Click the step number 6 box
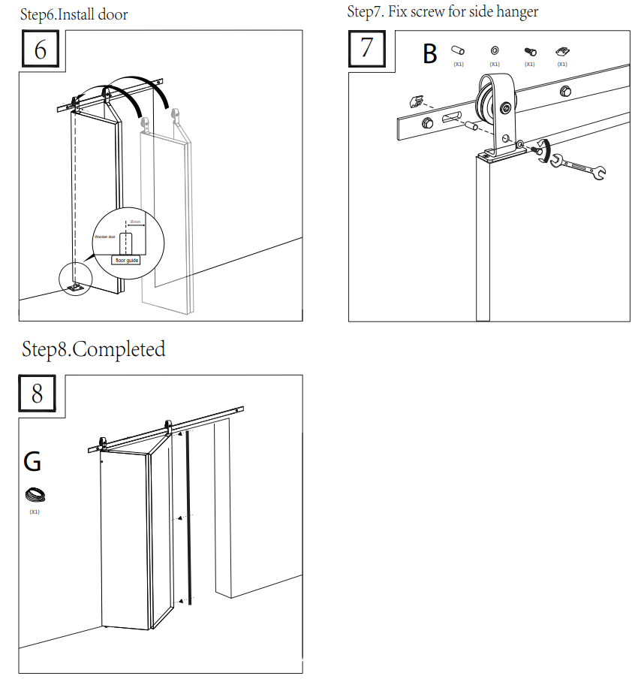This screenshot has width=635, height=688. tap(41, 50)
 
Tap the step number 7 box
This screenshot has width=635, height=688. tap(366, 48)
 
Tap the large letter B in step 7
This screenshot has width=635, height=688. tap(430, 54)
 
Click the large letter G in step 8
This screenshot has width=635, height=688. tap(32, 462)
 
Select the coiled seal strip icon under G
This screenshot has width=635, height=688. tap(35, 495)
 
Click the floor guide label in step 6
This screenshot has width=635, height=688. tap(128, 260)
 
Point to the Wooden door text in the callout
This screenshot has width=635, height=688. tap(104, 237)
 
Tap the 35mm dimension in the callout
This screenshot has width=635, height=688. tap(134, 222)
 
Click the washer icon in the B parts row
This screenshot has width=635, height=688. tap(495, 50)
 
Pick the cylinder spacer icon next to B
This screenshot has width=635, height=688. tap(458, 50)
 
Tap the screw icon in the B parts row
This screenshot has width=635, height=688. tap(530, 51)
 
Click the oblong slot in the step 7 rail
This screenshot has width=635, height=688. tap(450, 119)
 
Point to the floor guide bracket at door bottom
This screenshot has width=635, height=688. tap(75, 287)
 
